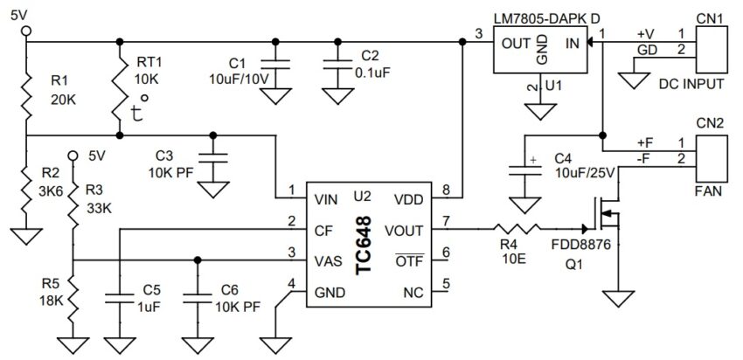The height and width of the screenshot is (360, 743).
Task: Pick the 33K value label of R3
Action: (99, 209)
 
